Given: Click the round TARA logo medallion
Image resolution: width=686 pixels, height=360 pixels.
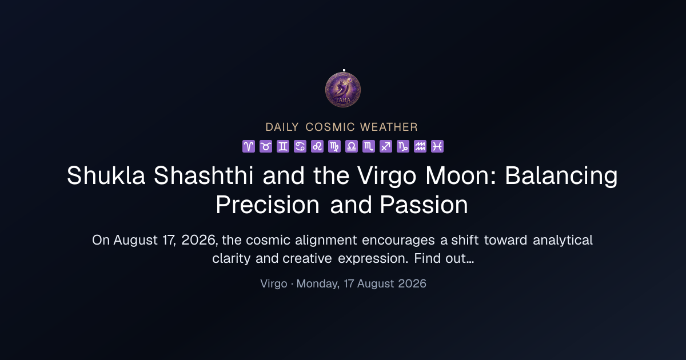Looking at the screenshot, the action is pos(343,90).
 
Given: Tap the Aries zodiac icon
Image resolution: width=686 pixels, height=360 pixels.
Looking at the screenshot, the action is pos(249,146).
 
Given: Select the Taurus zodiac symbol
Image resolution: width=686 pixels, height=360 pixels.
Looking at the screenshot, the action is pos(266,146).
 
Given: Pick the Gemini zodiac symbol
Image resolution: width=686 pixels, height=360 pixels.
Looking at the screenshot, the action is pos(283,146).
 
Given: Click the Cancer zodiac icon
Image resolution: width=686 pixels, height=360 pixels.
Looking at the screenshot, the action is pos(300,146).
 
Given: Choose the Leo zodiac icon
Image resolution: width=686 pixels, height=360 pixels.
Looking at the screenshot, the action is pos(317,146).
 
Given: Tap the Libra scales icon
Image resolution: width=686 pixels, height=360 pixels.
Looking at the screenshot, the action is pos(352,146).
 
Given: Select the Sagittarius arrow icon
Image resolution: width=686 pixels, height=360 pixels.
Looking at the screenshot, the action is pos(386,146).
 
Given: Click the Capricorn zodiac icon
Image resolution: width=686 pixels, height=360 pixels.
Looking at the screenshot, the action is pos(403,146).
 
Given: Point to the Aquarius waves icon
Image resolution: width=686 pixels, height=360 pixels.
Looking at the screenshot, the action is pos(420,146).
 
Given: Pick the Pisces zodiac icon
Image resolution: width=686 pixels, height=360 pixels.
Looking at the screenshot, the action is pos(437,146).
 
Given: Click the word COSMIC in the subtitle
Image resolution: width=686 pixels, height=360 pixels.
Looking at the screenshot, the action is pos(330,127).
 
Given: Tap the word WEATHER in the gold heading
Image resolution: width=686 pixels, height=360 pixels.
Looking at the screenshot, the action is pos(389,127).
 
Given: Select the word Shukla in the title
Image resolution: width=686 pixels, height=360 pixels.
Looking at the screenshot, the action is pos(106,175).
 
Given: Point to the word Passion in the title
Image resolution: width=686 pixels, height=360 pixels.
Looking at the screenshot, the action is pos(424,205).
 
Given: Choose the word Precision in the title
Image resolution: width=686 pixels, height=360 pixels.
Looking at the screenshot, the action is pos(268,205).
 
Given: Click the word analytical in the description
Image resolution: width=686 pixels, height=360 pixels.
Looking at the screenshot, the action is pos(563,241).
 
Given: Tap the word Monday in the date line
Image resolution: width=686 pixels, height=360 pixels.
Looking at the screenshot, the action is pos(318,284).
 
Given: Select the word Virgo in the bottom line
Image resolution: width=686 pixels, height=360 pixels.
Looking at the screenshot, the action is pos(274,284).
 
